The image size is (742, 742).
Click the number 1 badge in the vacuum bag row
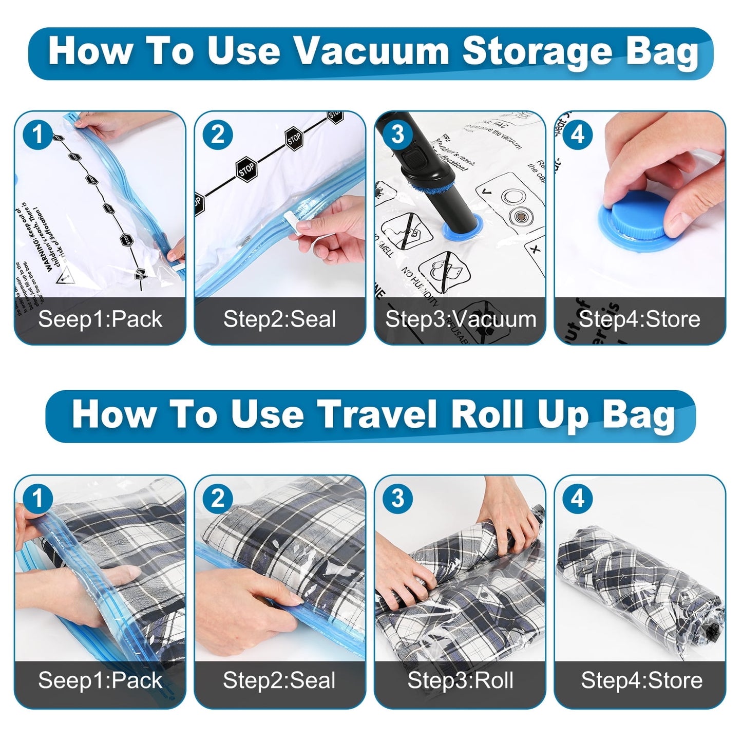point(37,135)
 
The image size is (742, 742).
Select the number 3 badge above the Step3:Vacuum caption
point(398,135)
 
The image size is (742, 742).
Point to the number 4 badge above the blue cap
point(578,135)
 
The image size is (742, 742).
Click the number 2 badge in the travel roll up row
point(218,499)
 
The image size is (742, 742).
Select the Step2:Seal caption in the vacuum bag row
point(279,319)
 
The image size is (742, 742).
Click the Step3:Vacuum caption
point(460,319)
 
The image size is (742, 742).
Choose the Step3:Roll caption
point(460,680)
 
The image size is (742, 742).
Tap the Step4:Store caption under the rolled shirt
point(641,680)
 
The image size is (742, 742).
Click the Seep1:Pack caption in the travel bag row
point(100,680)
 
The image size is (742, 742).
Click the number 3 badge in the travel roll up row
point(398,499)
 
